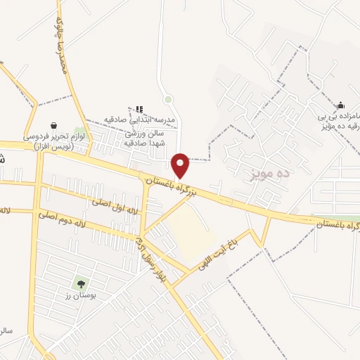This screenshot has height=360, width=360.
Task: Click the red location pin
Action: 181,165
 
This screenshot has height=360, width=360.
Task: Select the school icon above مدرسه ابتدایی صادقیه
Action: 139,108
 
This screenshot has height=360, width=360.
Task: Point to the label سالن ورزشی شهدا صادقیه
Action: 144,137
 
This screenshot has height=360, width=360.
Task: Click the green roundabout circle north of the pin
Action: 167,99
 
